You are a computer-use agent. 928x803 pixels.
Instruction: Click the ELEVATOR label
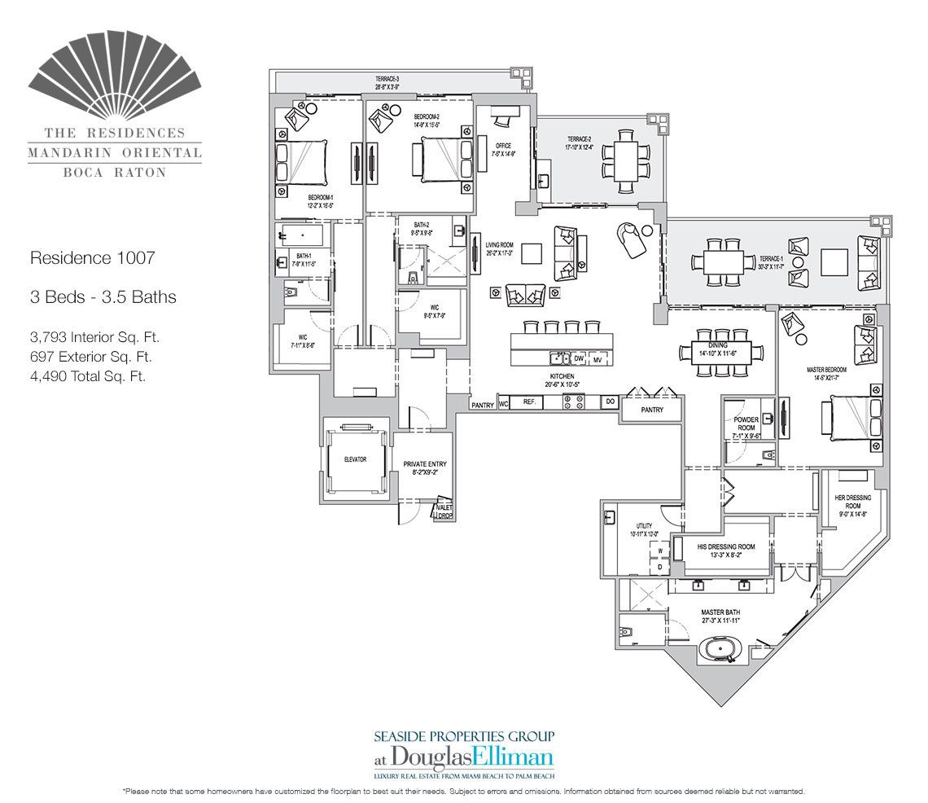(x=355, y=459)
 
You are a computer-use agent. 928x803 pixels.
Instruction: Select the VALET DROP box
(x=444, y=511)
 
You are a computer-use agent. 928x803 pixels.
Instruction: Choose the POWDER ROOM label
(x=746, y=426)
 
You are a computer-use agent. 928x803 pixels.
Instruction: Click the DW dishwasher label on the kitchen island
(x=579, y=358)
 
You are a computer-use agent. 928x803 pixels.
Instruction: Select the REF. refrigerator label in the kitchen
(x=528, y=402)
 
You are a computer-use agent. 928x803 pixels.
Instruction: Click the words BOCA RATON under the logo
(x=114, y=172)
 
